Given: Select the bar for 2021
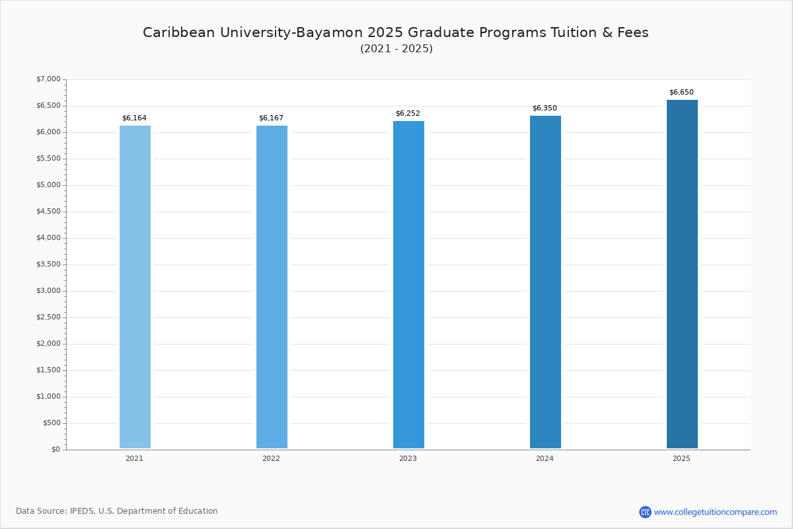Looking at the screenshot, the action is click(x=135, y=287).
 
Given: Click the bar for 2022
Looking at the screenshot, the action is click(x=272, y=287).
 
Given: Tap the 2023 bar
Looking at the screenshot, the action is click(x=408, y=284).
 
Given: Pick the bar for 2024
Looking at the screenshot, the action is click(x=546, y=282).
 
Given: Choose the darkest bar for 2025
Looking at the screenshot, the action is click(x=682, y=274).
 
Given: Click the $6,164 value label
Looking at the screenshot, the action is click(x=134, y=118).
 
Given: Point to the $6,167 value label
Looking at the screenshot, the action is click(x=271, y=118).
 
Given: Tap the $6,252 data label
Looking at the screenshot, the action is click(x=408, y=113).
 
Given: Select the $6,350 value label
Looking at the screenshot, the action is click(x=545, y=108).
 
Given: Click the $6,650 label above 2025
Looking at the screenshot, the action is click(x=681, y=92).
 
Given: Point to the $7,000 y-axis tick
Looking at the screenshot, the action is click(x=48, y=79).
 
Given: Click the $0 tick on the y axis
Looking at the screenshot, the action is click(x=56, y=449).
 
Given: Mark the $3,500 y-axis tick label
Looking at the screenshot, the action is click(x=48, y=264).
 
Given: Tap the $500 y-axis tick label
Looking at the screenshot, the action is click(x=52, y=423).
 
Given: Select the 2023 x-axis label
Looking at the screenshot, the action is click(x=408, y=458).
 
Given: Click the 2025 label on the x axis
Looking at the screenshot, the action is click(x=681, y=458).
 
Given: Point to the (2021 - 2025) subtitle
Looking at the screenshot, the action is click(x=397, y=48).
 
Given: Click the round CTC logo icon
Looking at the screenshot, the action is click(x=645, y=512).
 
